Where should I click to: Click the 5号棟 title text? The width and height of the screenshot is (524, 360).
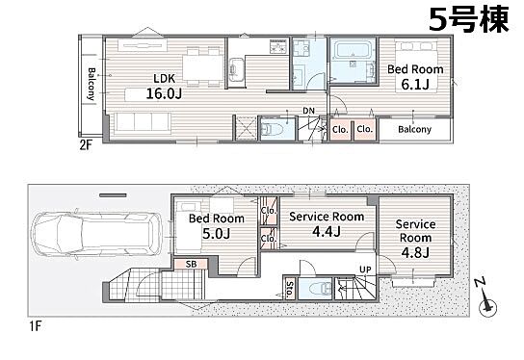click(x=468, y=19)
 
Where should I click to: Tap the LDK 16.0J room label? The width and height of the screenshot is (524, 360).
click(x=164, y=87)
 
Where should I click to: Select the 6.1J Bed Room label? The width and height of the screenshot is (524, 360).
click(x=415, y=77)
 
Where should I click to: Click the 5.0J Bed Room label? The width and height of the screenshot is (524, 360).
click(x=217, y=226)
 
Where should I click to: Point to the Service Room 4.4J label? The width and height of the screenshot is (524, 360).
click(x=327, y=223)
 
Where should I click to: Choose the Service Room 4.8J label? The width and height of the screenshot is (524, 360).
click(x=415, y=239)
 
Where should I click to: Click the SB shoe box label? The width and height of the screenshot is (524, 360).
click(x=191, y=264)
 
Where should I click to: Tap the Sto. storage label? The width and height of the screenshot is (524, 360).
click(x=290, y=289)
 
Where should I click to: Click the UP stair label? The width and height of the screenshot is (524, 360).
click(x=365, y=270)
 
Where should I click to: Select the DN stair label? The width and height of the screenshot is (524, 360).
click(x=309, y=111)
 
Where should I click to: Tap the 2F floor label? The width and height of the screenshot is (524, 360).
click(x=85, y=145)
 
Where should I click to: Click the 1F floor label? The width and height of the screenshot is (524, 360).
click(x=35, y=325)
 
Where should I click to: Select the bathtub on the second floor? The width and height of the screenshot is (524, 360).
click(x=352, y=50)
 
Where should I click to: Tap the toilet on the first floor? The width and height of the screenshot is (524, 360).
click(x=319, y=288)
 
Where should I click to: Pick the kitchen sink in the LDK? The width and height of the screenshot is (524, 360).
click(x=236, y=69)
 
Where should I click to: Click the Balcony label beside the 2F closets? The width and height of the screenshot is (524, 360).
click(x=415, y=129)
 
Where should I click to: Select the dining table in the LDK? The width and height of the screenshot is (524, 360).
click(x=203, y=67)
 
